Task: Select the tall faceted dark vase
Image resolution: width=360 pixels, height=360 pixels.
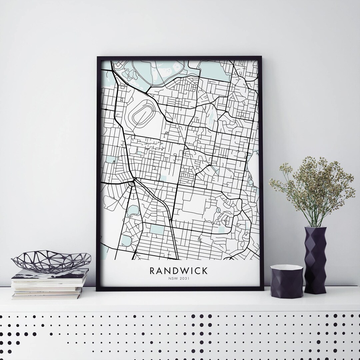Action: [315, 260]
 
